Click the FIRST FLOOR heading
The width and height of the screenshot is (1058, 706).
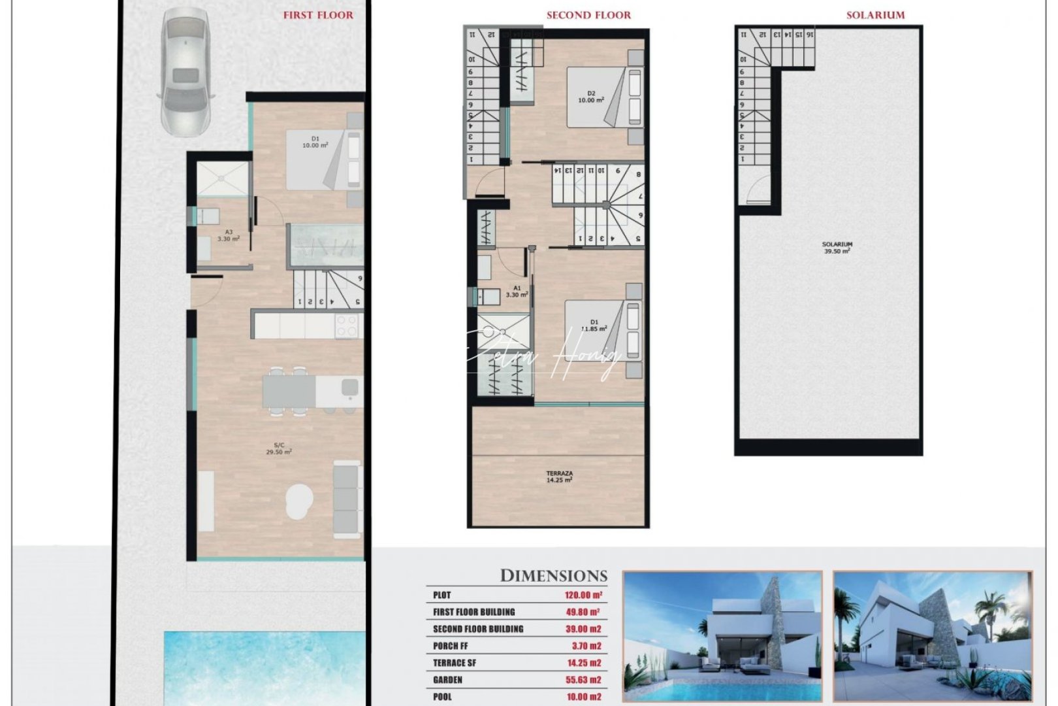click(x=318, y=15)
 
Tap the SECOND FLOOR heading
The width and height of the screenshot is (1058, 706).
click(x=588, y=15)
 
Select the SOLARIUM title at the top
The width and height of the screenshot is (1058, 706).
click(x=875, y=15)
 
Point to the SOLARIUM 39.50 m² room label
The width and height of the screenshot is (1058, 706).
click(x=837, y=248)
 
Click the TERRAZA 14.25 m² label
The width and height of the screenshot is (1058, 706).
click(x=559, y=477)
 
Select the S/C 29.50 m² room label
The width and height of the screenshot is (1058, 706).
click(x=279, y=448)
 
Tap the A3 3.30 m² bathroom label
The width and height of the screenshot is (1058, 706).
click(x=229, y=235)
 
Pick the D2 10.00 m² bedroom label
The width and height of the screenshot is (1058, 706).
click(x=590, y=97)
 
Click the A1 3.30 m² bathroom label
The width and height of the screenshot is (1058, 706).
click(x=517, y=292)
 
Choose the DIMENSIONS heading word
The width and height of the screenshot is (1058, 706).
click(x=553, y=576)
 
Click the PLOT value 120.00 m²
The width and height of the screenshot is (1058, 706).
click(x=583, y=596)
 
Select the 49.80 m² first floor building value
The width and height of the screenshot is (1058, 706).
click(x=583, y=613)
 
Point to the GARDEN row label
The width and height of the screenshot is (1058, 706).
click(x=447, y=681)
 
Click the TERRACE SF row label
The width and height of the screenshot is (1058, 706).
click(x=455, y=664)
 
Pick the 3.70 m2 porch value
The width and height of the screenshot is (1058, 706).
click(x=586, y=647)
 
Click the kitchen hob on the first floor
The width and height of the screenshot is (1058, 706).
click(x=347, y=326)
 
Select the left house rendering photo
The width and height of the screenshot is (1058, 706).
click(x=722, y=637)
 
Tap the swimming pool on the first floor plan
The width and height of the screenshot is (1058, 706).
click(x=264, y=667)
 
